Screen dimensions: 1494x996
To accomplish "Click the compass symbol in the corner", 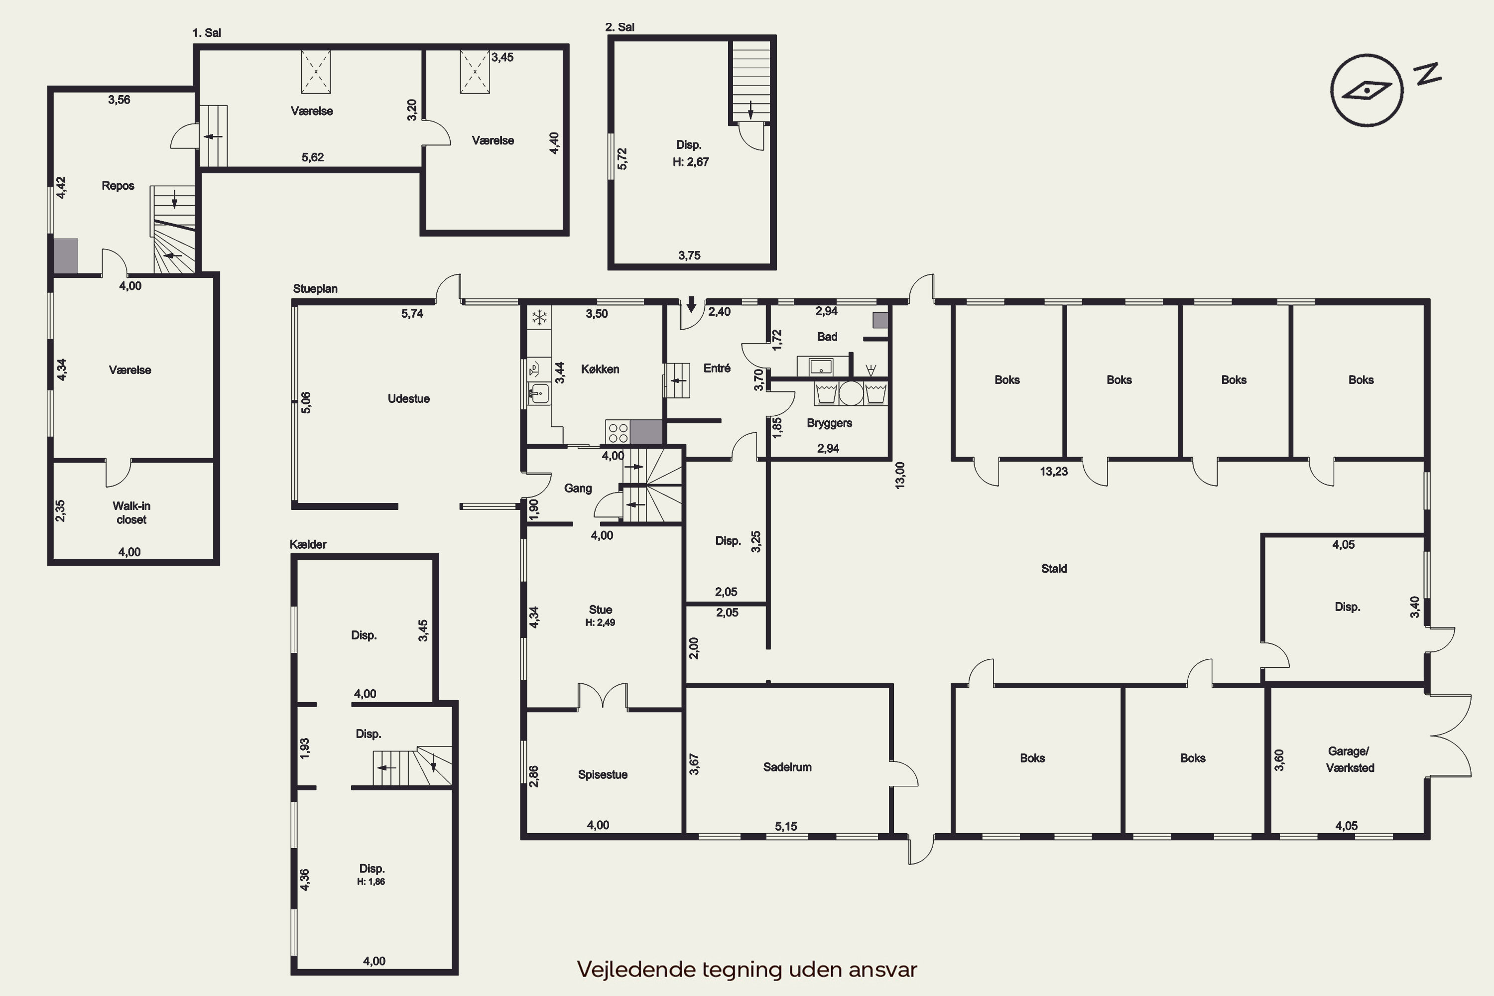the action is point(1367,90).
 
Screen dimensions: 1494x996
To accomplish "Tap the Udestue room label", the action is point(408,399).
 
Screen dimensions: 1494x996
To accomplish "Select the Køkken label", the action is point(600,369).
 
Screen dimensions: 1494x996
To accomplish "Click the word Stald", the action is point(1054,569).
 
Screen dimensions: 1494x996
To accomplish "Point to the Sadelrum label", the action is point(787,767).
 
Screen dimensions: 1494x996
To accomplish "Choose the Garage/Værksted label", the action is point(1350,759).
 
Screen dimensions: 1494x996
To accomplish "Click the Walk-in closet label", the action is point(131,512).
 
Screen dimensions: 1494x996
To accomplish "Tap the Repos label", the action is point(118,185).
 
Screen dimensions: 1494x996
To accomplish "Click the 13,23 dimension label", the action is point(1053,471).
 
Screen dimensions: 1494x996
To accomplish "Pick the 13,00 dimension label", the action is point(899,475).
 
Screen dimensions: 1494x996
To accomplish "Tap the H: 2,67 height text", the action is point(690,162).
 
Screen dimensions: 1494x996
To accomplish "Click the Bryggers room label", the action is point(829,423).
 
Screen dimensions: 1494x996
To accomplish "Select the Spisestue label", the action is point(603,774).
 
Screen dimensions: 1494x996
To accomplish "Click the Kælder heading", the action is point(308,544).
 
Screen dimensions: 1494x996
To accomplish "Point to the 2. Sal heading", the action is point(620,27).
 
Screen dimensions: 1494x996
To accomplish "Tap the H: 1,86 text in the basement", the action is point(371,881).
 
